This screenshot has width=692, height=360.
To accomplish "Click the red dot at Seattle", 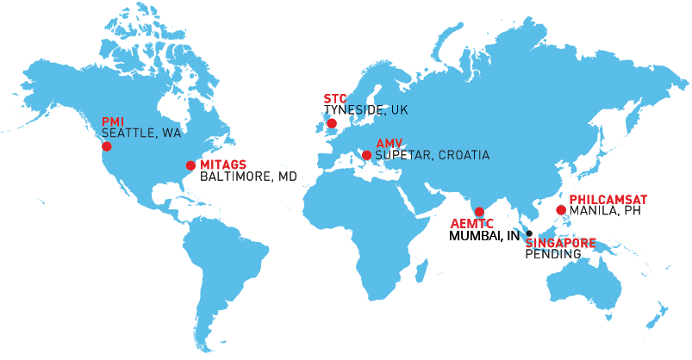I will (x=107, y=146).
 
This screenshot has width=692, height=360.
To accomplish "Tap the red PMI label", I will (x=114, y=121).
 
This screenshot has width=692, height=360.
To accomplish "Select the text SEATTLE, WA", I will (x=141, y=133).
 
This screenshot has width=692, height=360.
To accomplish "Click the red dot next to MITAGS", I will (x=190, y=165).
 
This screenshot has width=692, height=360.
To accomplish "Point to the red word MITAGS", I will (x=223, y=164).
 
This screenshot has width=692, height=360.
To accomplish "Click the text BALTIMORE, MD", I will (x=248, y=177).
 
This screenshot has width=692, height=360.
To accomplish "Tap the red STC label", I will (x=334, y=99).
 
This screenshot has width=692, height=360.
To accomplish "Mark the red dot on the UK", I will (x=332, y=124).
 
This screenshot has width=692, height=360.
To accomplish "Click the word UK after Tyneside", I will (x=399, y=110).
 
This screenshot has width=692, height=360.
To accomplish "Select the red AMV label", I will (x=390, y=143).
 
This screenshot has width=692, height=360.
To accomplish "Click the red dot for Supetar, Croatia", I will (x=367, y=156).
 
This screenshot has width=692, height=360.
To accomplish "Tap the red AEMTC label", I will (x=472, y=224).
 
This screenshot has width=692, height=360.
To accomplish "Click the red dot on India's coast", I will (x=479, y=212).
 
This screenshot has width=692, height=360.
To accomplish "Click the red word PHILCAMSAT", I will (x=608, y=199).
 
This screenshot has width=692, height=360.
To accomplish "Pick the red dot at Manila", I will (x=561, y=209).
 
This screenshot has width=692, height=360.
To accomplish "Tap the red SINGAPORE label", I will (x=560, y=243).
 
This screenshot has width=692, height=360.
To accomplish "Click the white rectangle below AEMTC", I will (x=454, y=236).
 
